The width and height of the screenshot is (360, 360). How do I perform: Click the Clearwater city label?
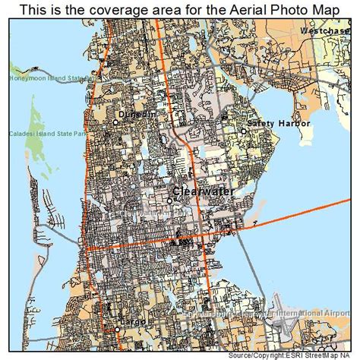[x=203, y=192]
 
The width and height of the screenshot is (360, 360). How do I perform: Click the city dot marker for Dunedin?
[x=116, y=122]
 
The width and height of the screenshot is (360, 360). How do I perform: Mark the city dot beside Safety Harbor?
[x=244, y=131]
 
